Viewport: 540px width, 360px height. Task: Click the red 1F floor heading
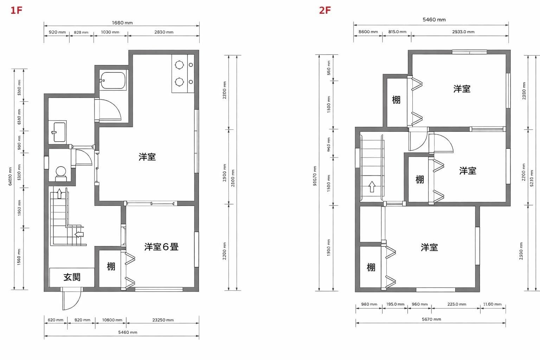16,10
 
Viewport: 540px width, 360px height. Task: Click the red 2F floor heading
324,10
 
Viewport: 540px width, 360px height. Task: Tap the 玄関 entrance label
72,277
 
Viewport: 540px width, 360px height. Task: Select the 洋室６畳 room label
161,247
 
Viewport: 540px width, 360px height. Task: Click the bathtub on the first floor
112,81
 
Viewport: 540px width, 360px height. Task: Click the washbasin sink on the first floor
59,132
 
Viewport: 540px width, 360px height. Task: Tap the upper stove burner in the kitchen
179,65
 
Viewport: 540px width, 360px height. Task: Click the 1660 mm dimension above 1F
122,23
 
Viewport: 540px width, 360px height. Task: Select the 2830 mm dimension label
164,32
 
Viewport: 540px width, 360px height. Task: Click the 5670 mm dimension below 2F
431,319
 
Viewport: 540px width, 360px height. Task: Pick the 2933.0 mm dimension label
463,32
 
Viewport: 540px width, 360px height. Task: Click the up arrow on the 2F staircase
372,186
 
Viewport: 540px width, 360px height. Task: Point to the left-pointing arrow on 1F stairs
79,234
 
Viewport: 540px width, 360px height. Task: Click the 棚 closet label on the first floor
111,266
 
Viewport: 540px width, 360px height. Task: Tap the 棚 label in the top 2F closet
396,100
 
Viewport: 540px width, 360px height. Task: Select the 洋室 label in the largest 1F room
147,157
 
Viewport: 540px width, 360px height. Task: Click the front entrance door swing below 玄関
71,299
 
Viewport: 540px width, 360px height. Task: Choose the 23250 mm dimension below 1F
163,320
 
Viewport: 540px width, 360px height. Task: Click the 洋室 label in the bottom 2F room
429,247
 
